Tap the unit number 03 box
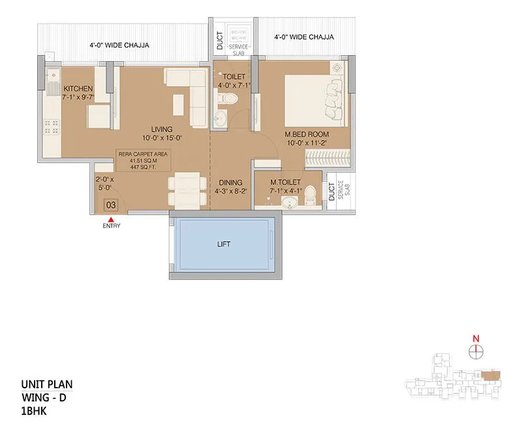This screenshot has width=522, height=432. pos(111,205)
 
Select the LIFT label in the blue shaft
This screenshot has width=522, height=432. pos(223,244)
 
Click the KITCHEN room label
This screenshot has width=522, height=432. pos(77,89)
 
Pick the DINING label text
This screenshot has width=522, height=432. pos(231,183)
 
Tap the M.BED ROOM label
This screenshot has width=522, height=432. pos(305,136)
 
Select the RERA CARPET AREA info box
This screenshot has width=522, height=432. pos(142,160)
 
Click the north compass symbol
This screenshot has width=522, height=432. pos(476,350)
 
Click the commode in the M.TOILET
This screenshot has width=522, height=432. pos(311,194)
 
